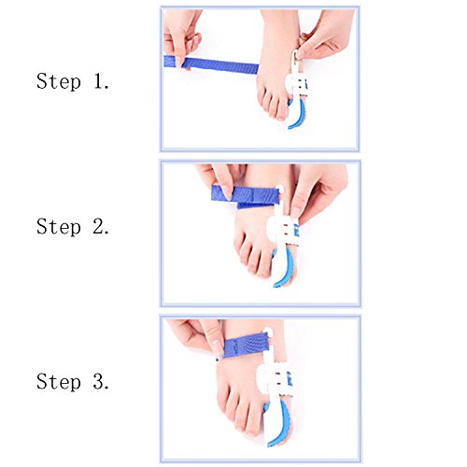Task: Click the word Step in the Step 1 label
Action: (59, 81)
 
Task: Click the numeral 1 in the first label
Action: (99, 81)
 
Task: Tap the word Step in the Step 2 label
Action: (59, 226)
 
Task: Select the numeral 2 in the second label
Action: (99, 226)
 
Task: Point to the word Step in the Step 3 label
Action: (59, 381)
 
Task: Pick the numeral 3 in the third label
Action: (99, 381)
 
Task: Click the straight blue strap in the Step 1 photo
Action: (211, 64)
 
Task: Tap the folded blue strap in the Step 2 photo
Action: (246, 196)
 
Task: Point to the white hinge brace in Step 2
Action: (283, 224)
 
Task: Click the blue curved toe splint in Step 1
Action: (296, 113)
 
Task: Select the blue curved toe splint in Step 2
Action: (285, 268)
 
